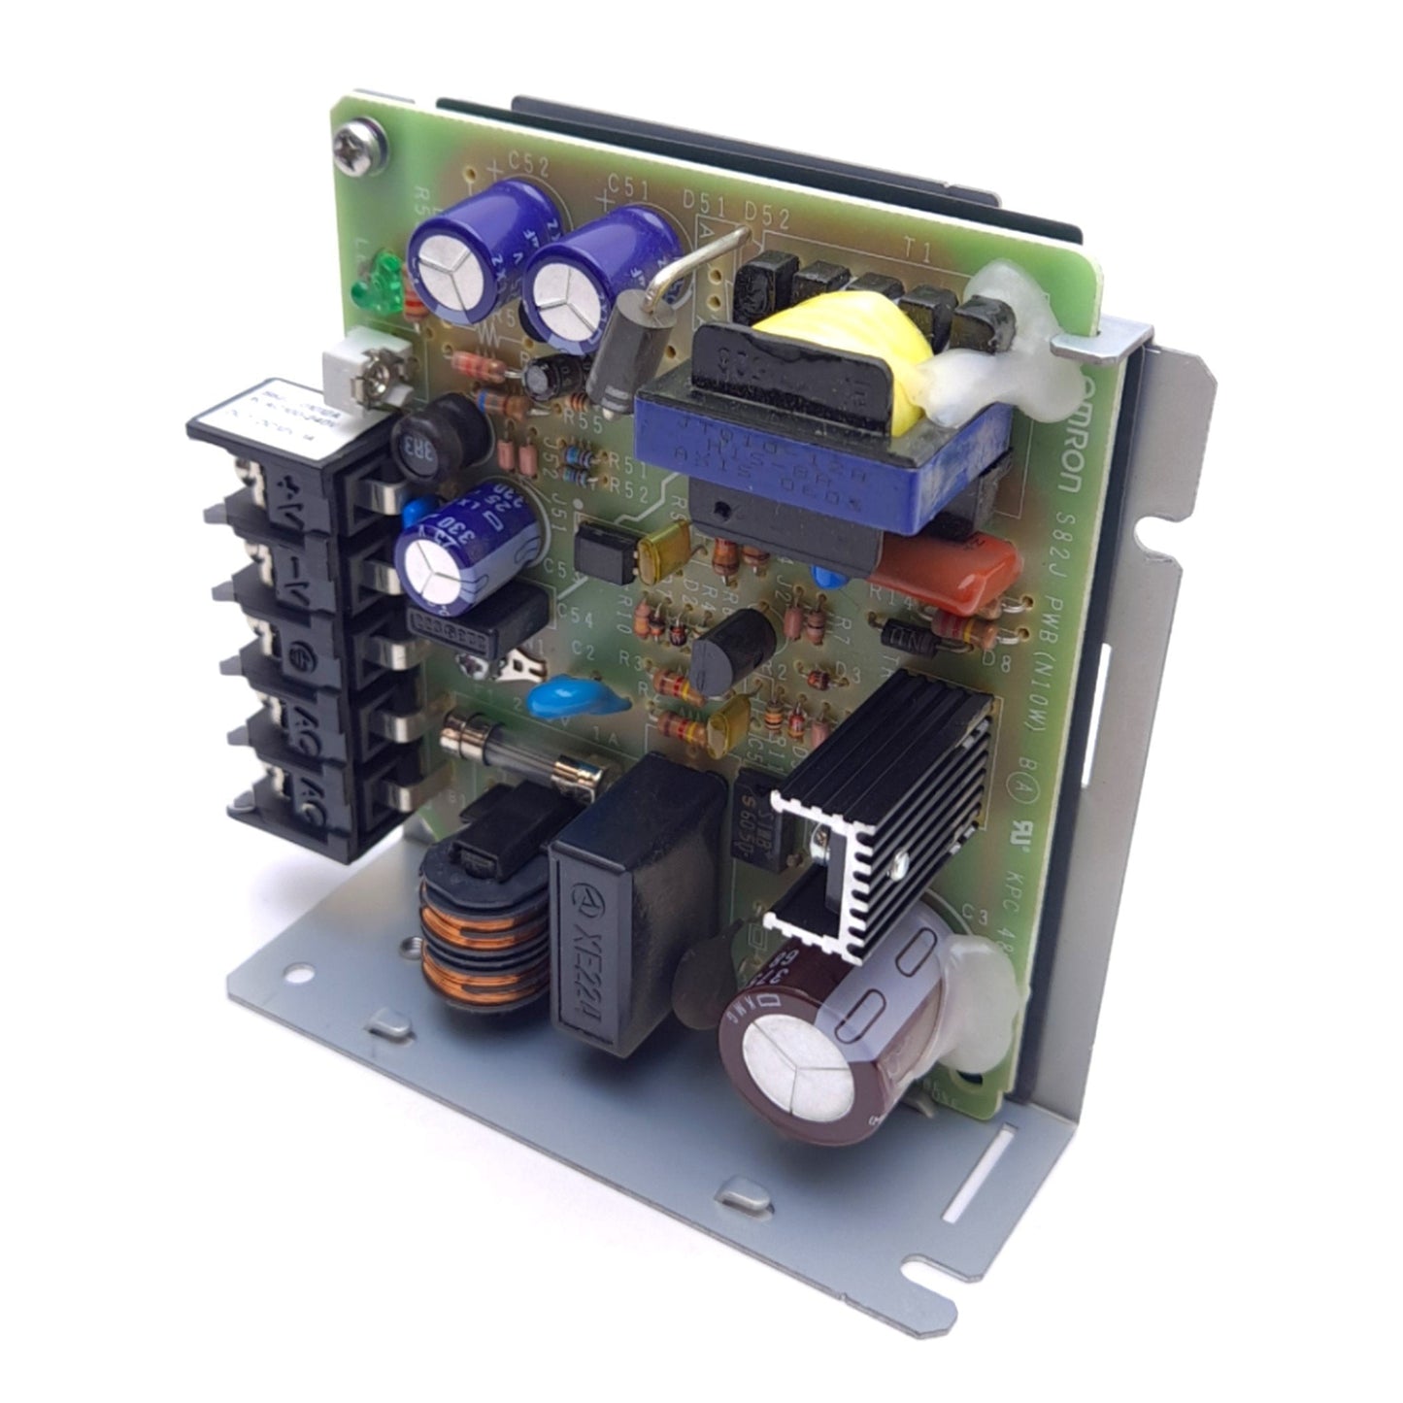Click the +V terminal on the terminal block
click(x=287, y=500)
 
